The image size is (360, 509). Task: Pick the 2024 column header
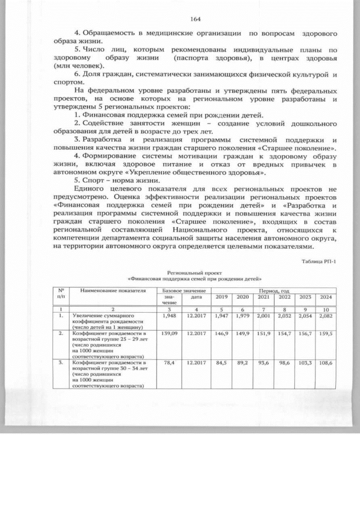click(326, 297)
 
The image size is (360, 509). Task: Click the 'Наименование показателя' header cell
click(112, 291)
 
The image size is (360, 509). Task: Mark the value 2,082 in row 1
click(326, 317)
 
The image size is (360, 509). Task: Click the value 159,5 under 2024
click(326, 333)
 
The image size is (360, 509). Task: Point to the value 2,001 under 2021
click(263, 317)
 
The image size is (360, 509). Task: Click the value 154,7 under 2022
click(284, 333)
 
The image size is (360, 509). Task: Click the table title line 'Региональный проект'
click(195, 272)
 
